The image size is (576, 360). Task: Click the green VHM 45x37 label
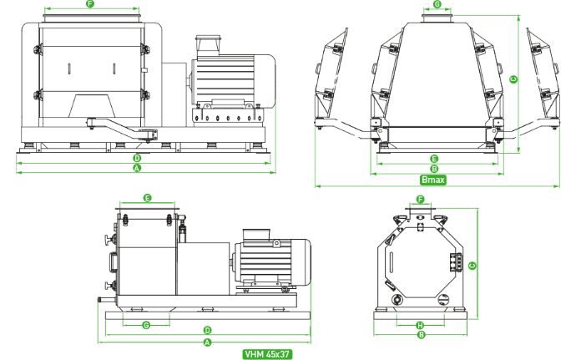(x=267, y=354)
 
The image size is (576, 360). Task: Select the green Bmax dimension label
(x=433, y=180)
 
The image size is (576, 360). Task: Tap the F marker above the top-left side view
(x=90, y=4)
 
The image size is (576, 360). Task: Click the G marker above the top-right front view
(x=437, y=4)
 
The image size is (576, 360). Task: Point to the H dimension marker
(x=420, y=325)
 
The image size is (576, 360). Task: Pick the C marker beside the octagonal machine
(x=472, y=265)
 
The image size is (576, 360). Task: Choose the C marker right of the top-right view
(x=513, y=79)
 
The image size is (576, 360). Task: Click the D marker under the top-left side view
(x=137, y=159)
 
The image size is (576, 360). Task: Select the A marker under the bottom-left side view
(x=207, y=342)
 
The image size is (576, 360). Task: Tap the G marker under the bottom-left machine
(x=146, y=325)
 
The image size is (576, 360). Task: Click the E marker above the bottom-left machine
(x=147, y=198)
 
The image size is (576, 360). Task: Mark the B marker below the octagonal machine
(x=422, y=335)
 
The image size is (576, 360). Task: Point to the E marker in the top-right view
(x=434, y=159)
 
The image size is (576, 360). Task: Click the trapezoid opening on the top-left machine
(x=92, y=106)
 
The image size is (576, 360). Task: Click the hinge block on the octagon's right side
(x=456, y=262)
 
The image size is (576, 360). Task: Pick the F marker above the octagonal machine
(x=420, y=200)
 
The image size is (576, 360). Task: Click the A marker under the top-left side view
(x=137, y=169)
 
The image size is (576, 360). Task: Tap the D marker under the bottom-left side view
(x=207, y=330)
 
